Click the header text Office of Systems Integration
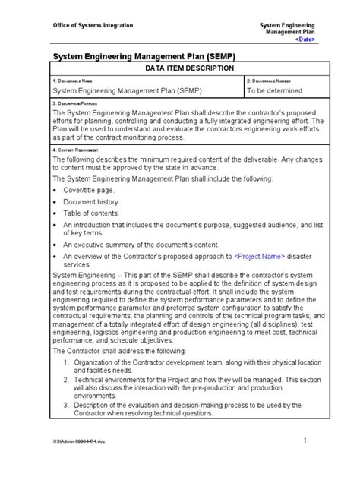92,25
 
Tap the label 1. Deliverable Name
73,80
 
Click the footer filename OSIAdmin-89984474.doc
77,442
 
